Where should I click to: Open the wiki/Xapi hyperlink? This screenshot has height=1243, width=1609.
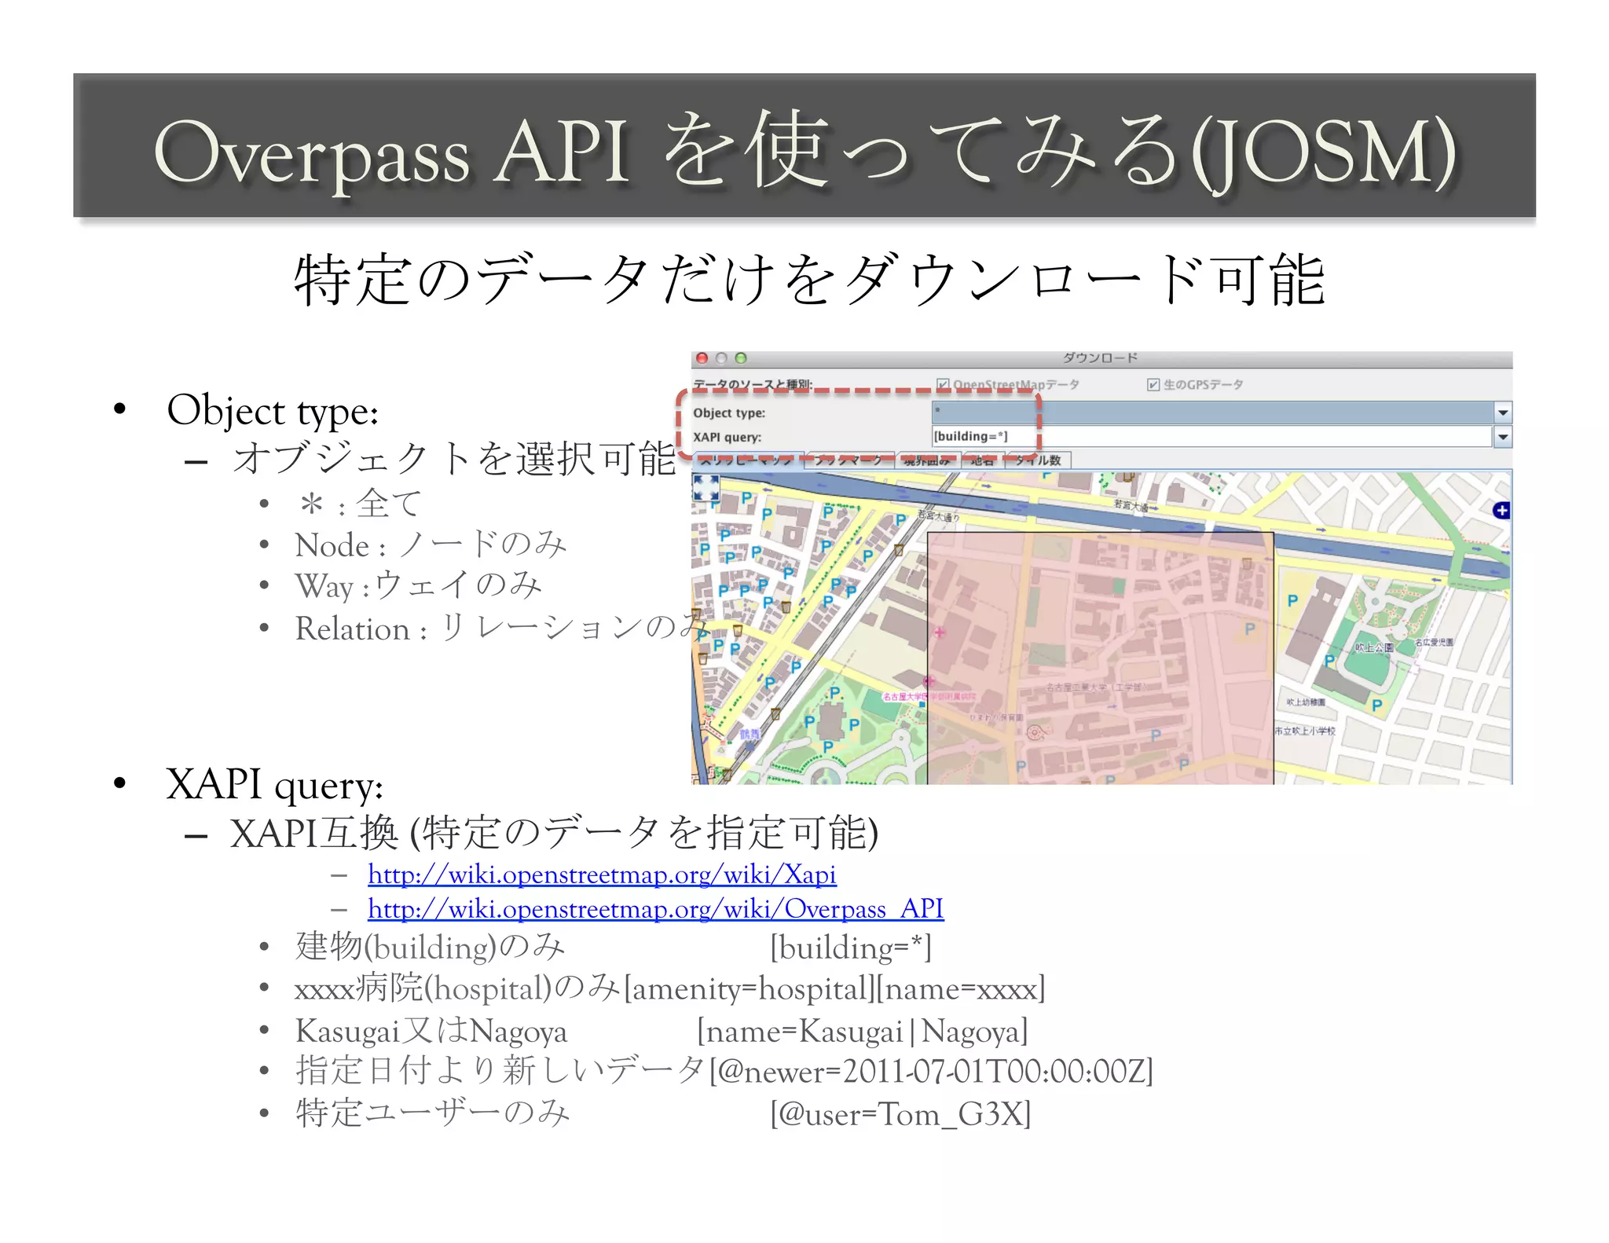tap(602, 874)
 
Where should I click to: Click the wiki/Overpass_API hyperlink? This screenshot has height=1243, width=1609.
tap(655, 909)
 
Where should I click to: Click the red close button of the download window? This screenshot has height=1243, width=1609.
tap(702, 358)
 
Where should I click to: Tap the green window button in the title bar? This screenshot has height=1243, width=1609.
tap(741, 358)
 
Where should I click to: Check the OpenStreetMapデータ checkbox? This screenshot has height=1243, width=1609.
tap(943, 384)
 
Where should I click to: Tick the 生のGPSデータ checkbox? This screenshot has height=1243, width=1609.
tap(1153, 384)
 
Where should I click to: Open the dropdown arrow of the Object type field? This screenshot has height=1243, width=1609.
tap(1502, 412)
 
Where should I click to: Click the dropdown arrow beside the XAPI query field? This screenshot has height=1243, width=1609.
tap(1502, 437)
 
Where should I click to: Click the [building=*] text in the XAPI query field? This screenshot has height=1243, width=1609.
tap(970, 437)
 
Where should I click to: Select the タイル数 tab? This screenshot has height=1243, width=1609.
tap(1038, 460)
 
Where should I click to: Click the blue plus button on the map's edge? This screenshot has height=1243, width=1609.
tap(1501, 511)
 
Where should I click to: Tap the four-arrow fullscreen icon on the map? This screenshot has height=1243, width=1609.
tap(706, 488)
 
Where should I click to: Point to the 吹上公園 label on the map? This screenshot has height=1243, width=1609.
tap(1374, 647)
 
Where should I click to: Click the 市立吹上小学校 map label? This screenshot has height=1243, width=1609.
tap(1305, 731)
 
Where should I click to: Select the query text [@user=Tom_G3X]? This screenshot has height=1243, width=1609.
tap(900, 1114)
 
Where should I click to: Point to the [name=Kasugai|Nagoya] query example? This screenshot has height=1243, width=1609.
tap(862, 1031)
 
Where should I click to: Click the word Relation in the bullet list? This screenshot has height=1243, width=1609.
tap(352, 629)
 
